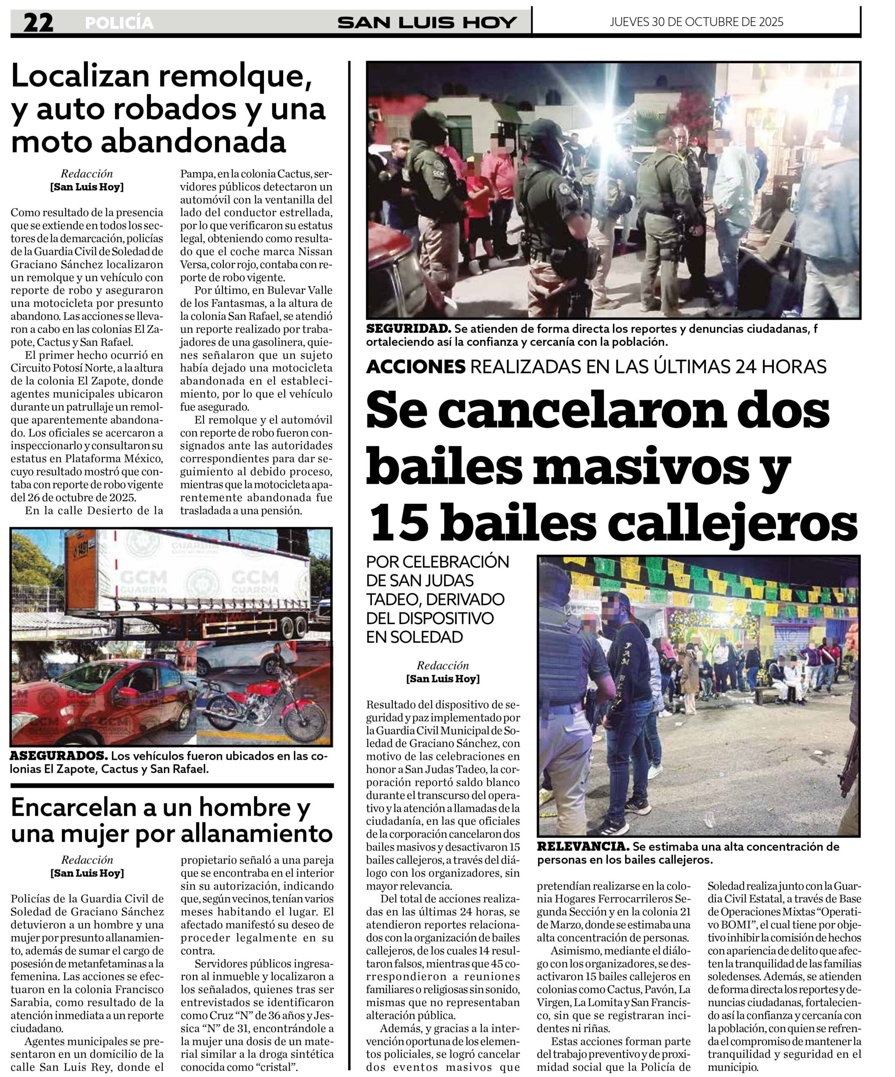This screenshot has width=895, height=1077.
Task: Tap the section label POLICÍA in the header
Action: tap(119, 23)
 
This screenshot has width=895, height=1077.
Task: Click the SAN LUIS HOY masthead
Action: tap(427, 22)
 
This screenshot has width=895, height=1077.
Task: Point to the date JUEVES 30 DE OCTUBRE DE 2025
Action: tap(696, 21)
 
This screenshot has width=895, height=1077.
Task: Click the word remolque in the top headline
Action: tap(235, 77)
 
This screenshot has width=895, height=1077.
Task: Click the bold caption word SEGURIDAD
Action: tap(408, 329)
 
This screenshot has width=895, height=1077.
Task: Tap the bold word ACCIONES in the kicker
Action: tap(415, 367)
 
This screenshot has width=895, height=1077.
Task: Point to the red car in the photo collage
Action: tap(103, 703)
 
